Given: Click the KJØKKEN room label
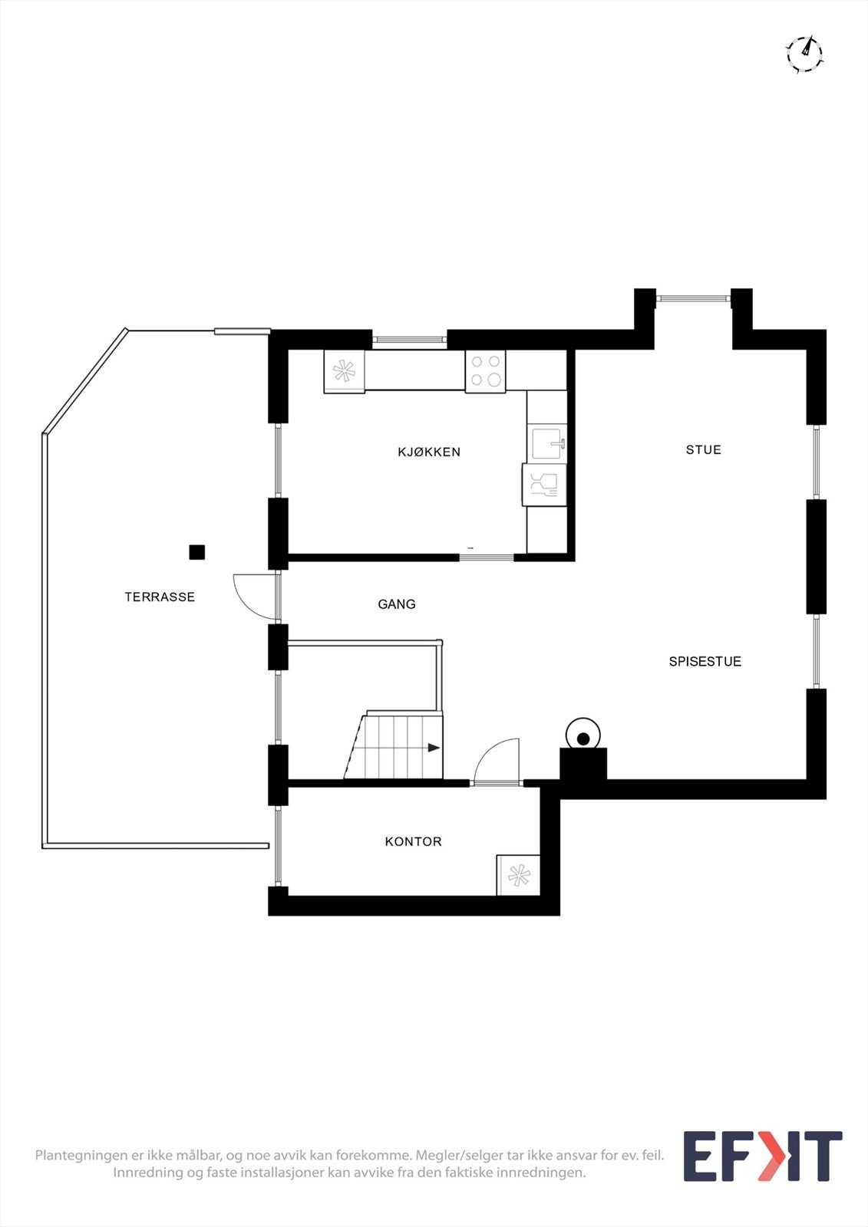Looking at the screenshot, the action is (429, 452).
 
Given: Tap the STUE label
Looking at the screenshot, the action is (704, 449).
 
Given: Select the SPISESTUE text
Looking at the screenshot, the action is (705, 661).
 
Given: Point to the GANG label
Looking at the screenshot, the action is (397, 604).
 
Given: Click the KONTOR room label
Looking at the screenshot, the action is (413, 841).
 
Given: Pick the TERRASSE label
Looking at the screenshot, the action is (160, 597).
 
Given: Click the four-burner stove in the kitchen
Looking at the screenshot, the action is (486, 371).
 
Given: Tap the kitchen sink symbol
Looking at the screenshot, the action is (547, 443).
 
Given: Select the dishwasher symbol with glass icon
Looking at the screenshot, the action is (544, 485).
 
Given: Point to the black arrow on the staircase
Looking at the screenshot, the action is (434, 748).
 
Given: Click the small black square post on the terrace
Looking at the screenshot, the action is (196, 552).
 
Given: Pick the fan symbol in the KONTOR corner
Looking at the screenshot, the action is (518, 875).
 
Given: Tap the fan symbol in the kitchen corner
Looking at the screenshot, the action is (345, 371).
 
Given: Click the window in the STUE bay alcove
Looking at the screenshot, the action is (695, 298).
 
